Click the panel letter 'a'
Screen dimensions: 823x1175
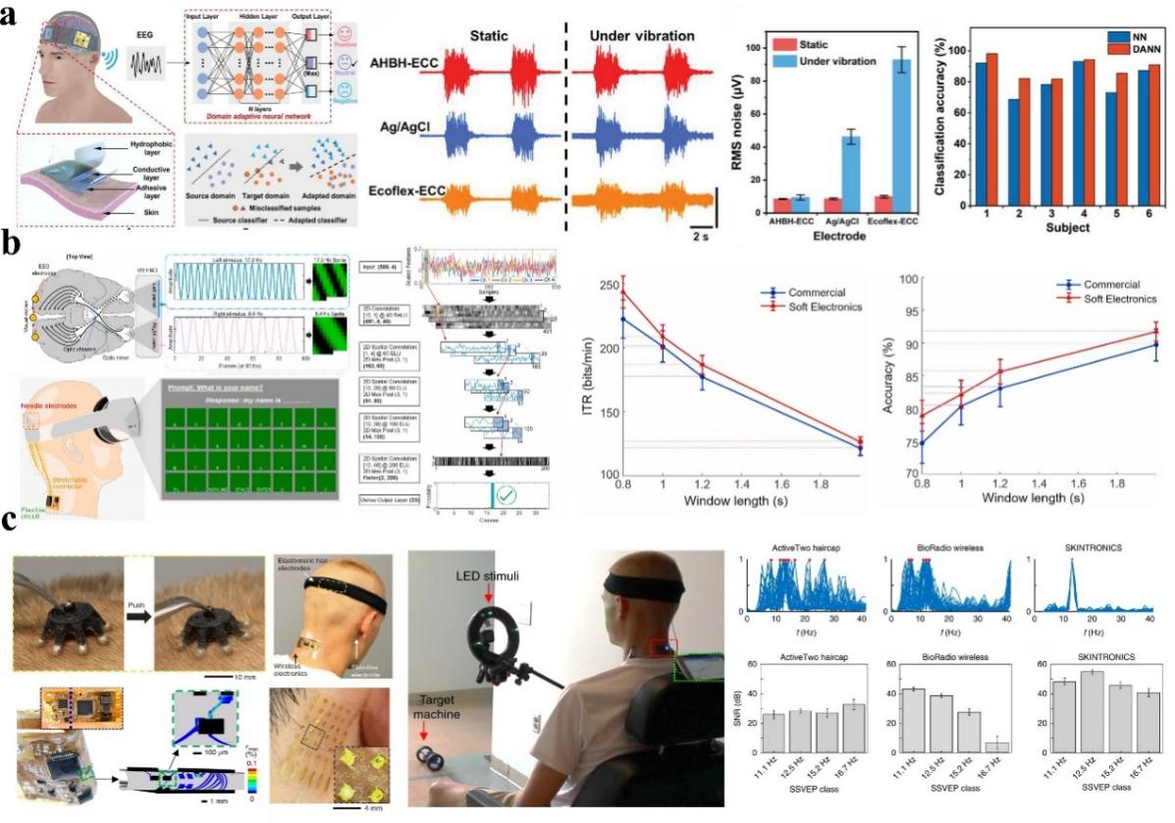pyautogui.click(x=13, y=14)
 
